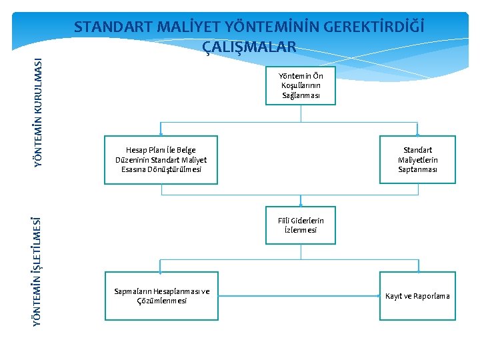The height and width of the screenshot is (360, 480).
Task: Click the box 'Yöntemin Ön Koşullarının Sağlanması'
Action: (x=301, y=86)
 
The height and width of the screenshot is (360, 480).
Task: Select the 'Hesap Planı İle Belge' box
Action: (x=161, y=159)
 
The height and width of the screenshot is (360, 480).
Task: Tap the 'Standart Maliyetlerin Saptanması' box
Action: (x=417, y=159)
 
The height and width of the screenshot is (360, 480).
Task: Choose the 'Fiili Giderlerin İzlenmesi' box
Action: (x=301, y=225)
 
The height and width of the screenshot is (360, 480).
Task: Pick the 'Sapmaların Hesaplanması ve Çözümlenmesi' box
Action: (x=161, y=295)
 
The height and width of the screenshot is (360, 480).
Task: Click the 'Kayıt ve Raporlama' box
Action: (x=417, y=295)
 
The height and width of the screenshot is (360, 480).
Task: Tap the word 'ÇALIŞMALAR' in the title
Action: (x=249, y=47)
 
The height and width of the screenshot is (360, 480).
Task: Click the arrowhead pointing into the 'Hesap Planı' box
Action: (x=161, y=133)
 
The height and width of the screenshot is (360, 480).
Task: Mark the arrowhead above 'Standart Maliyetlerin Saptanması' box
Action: (x=417, y=133)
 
